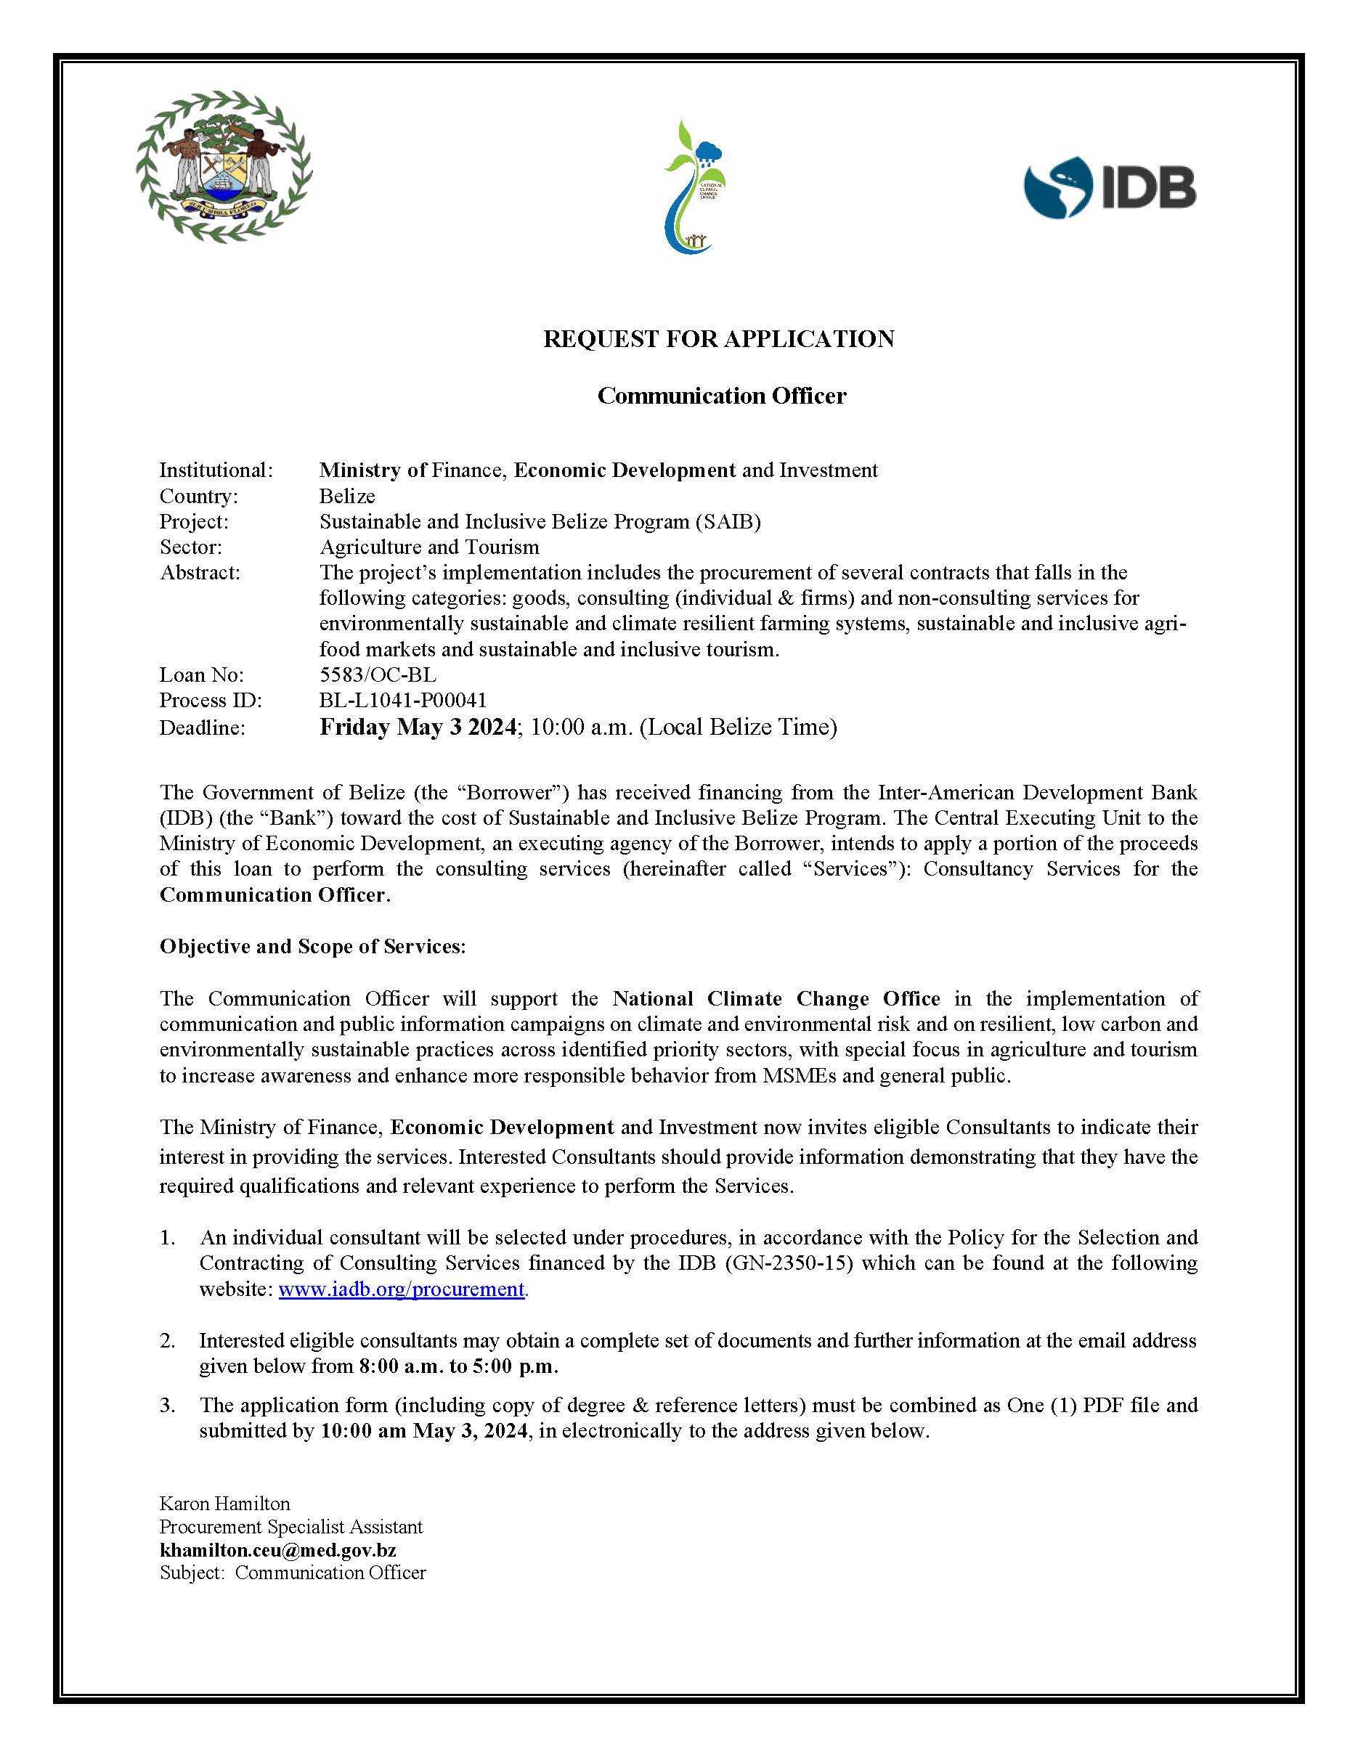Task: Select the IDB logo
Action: click(x=1110, y=187)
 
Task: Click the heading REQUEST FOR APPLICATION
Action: click(x=718, y=338)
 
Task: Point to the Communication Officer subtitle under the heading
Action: click(x=722, y=396)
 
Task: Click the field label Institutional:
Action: click(x=216, y=470)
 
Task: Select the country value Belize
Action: click(x=346, y=496)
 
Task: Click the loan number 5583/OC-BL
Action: click(x=378, y=674)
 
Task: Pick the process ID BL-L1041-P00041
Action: click(x=402, y=700)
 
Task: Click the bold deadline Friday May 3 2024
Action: click(x=418, y=727)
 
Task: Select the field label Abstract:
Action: click(x=200, y=573)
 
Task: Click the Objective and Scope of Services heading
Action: click(x=312, y=946)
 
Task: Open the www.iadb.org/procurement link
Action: click(x=402, y=1289)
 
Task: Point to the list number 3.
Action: click(x=166, y=1405)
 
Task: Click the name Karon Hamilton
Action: click(x=224, y=1504)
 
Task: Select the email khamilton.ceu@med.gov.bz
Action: click(x=277, y=1549)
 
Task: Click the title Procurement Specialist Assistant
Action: click(x=290, y=1527)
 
